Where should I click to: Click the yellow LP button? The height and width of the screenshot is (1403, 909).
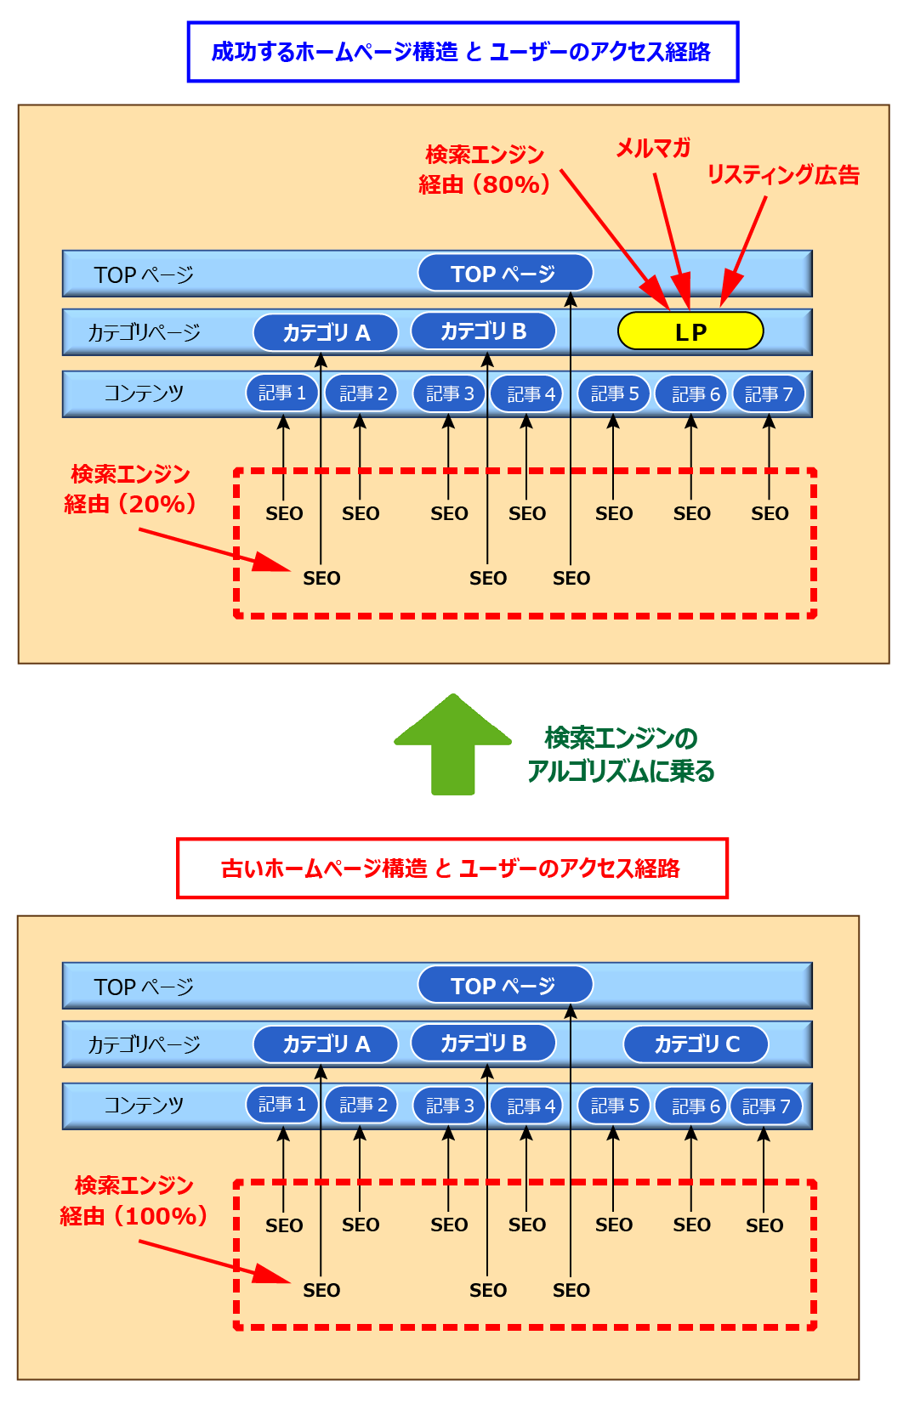tap(690, 331)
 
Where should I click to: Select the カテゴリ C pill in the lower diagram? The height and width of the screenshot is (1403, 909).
tap(696, 1044)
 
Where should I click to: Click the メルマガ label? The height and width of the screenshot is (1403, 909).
tap(652, 149)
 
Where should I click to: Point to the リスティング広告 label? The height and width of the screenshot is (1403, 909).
tap(782, 175)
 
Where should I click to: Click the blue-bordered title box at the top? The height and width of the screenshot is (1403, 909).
tap(463, 52)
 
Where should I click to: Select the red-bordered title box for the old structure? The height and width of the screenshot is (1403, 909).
tap(452, 868)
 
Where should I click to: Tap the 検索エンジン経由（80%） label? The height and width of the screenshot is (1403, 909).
tap(485, 169)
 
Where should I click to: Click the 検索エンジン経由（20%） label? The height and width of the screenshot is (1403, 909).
tap(130, 489)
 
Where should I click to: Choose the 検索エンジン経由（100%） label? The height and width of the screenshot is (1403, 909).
tap(134, 1200)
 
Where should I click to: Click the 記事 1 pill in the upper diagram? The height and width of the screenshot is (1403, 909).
tap(281, 393)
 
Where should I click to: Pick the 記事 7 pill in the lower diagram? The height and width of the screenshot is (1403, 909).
tap(766, 1106)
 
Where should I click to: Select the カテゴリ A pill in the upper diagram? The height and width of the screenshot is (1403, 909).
tap(326, 332)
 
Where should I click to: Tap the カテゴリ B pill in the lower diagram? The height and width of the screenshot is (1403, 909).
tap(483, 1044)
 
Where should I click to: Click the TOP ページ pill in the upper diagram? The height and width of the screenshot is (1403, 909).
tap(504, 274)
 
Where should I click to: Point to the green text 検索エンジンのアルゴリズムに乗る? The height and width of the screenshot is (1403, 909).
tap(621, 754)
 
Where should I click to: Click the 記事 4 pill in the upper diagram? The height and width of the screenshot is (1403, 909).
tap(527, 393)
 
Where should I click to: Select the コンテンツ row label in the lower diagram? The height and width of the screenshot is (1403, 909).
tap(144, 1105)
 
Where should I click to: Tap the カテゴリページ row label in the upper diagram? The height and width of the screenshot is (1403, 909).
tap(144, 332)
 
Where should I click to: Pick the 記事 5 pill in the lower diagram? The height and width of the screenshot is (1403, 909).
tap(613, 1106)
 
